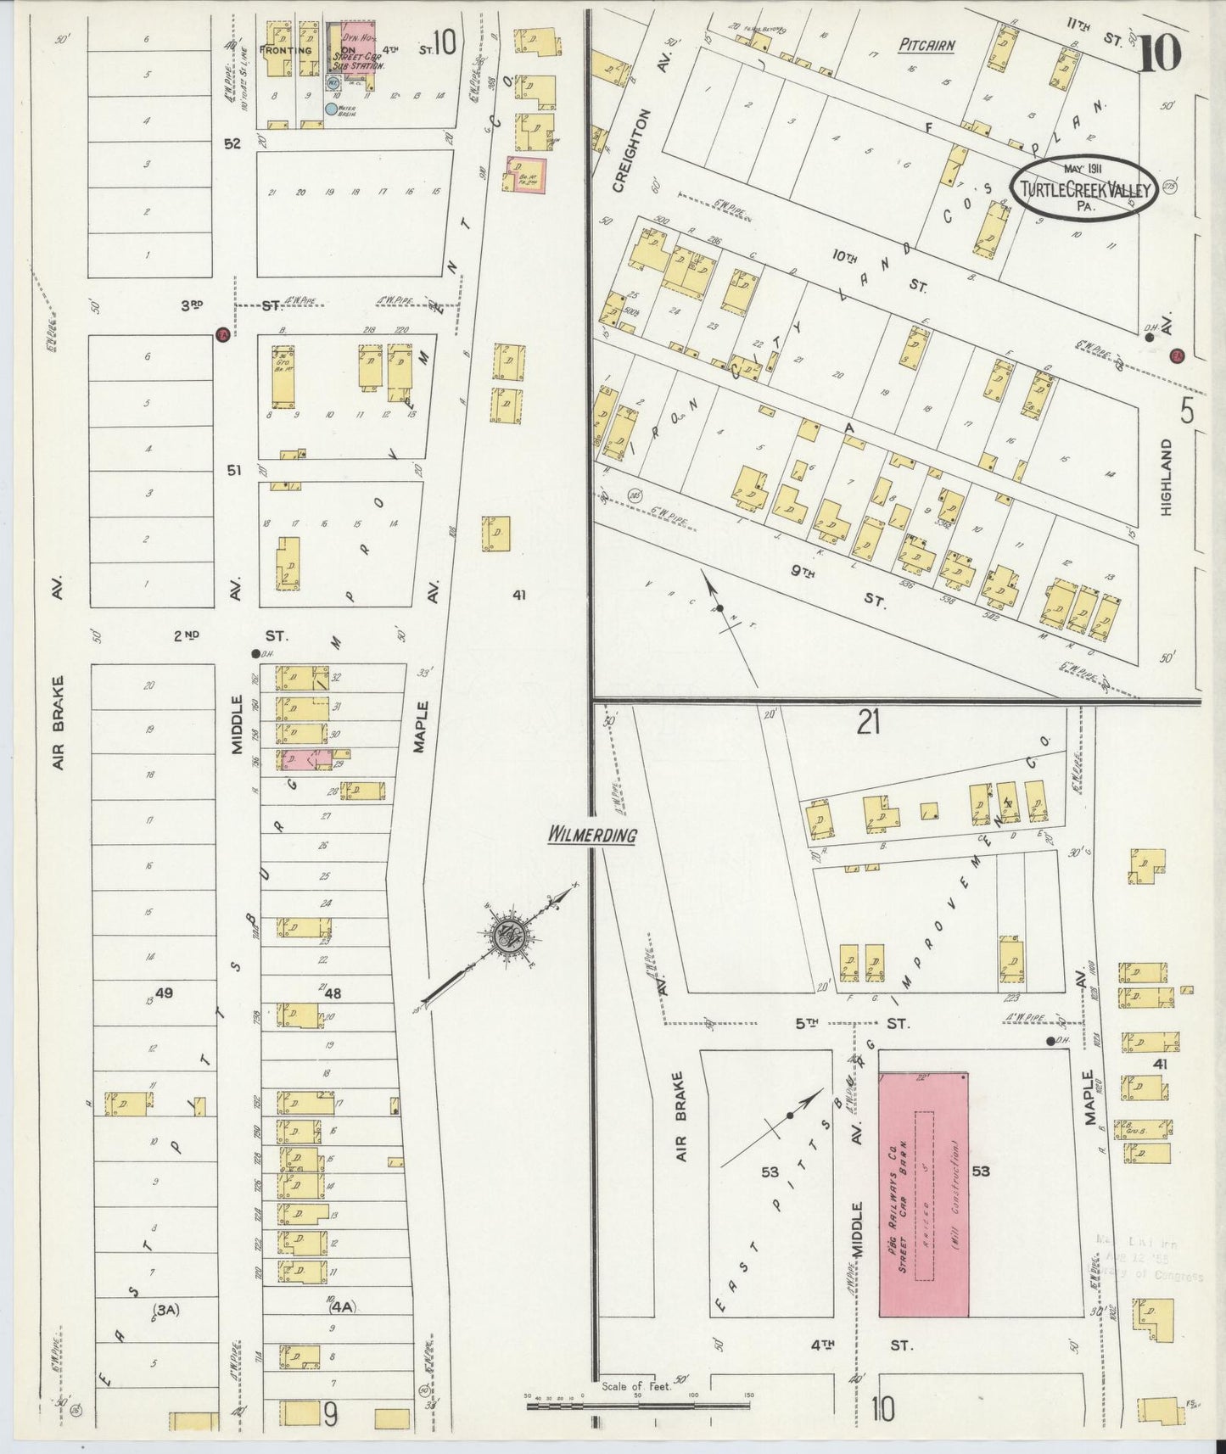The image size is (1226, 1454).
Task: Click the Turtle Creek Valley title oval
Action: tap(1087, 188)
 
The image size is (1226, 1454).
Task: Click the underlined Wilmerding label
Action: tap(591, 835)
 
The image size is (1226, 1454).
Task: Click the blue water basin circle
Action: tap(331, 109)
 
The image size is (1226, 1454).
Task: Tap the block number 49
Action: tap(164, 992)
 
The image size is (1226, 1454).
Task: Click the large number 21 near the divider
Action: tap(868, 723)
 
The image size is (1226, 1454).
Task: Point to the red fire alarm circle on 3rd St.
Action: tap(222, 333)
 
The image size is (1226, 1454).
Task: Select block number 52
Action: tap(233, 143)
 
